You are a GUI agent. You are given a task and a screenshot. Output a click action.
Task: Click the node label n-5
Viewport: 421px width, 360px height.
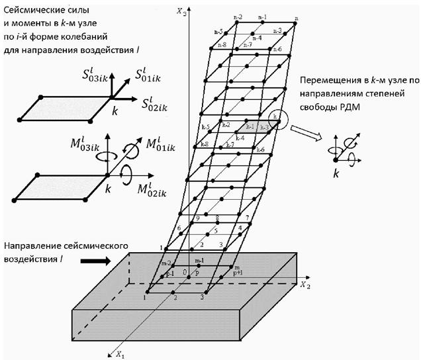pos(216,32)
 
